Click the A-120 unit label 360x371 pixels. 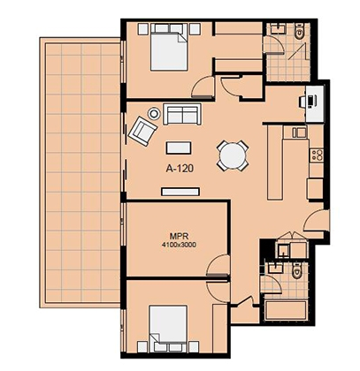tap(180, 169)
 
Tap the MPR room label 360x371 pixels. tap(179, 236)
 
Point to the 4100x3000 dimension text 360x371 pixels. tap(179, 245)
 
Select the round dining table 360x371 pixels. tap(233, 155)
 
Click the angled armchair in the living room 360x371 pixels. tap(142, 131)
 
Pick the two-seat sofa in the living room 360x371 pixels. tap(182, 114)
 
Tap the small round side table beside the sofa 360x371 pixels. tap(154, 113)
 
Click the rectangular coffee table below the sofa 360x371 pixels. tap(179, 148)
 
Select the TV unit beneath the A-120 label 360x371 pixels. tap(180, 192)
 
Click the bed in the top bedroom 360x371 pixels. tap(169, 47)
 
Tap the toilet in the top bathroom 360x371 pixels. tap(300, 31)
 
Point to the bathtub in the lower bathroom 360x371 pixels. tap(286, 312)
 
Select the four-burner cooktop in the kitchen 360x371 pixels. tap(317, 155)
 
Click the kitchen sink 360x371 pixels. tap(300, 132)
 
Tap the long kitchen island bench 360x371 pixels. tap(274, 163)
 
